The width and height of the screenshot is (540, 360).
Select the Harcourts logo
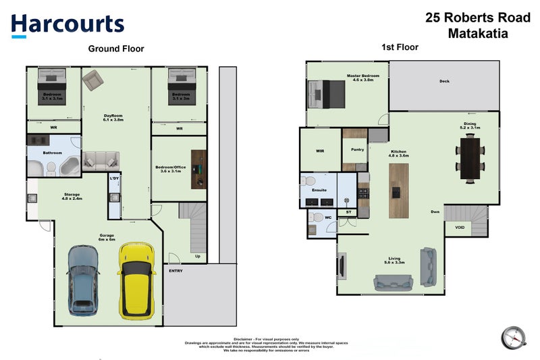pyautogui.click(x=67, y=25)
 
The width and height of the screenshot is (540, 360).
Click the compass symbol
pyautogui.click(x=512, y=336)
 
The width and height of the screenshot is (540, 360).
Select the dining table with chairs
pyautogui.click(x=469, y=156)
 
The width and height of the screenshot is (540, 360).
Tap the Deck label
pyautogui.click(x=443, y=82)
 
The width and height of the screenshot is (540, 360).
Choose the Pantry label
pyautogui.click(x=358, y=151)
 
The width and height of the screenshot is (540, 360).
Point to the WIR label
pyautogui.click(x=320, y=151)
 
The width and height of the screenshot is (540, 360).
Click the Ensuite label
pyautogui.click(x=317, y=190)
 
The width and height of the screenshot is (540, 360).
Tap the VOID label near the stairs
pyautogui.click(x=460, y=228)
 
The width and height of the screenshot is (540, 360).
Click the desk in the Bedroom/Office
pyautogui.click(x=196, y=168)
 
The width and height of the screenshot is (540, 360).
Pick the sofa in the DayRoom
pyautogui.click(x=100, y=161)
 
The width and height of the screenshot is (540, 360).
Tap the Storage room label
pyautogui.click(x=72, y=195)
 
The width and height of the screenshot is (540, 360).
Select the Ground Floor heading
pyautogui.click(x=116, y=49)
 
